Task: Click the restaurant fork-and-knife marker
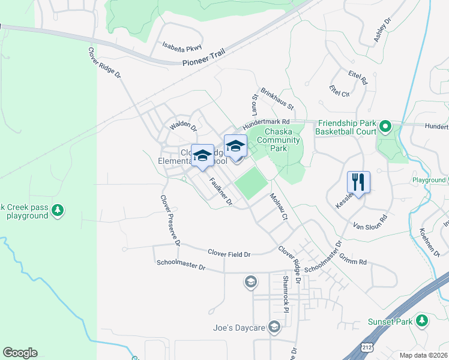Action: pyautogui.click(x=358, y=181)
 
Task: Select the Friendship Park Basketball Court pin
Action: pyautogui.click(x=385, y=127)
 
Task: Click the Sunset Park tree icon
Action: pyautogui.click(x=422, y=322)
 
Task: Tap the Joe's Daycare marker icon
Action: pyautogui.click(x=274, y=327)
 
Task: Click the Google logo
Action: pyautogui.click(x=20, y=353)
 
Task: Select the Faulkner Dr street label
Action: pyautogui.click(x=220, y=191)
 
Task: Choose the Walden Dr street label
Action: pyautogui.click(x=183, y=125)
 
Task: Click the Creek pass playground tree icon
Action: pyautogui.click(x=58, y=210)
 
